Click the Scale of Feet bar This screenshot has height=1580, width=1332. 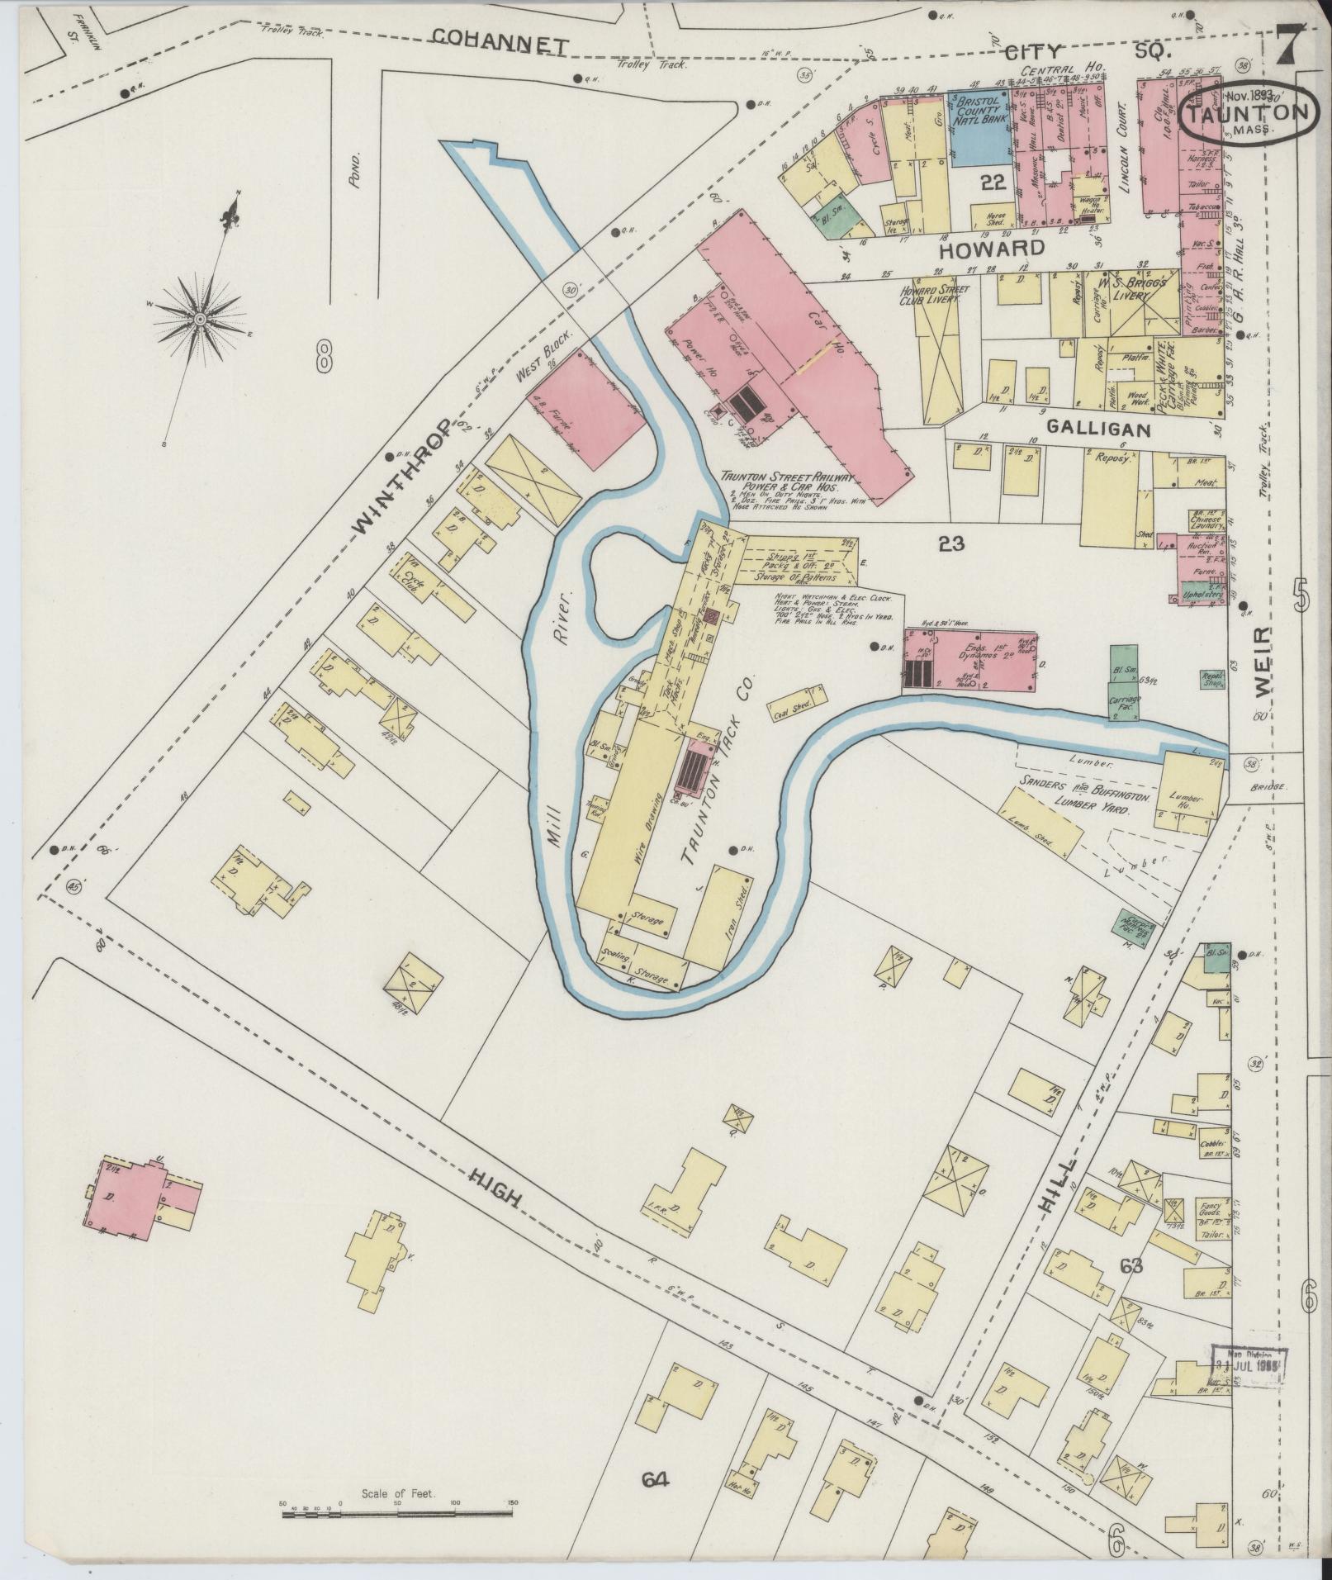[x=396, y=1515]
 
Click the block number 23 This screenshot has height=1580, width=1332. [x=951, y=543]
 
